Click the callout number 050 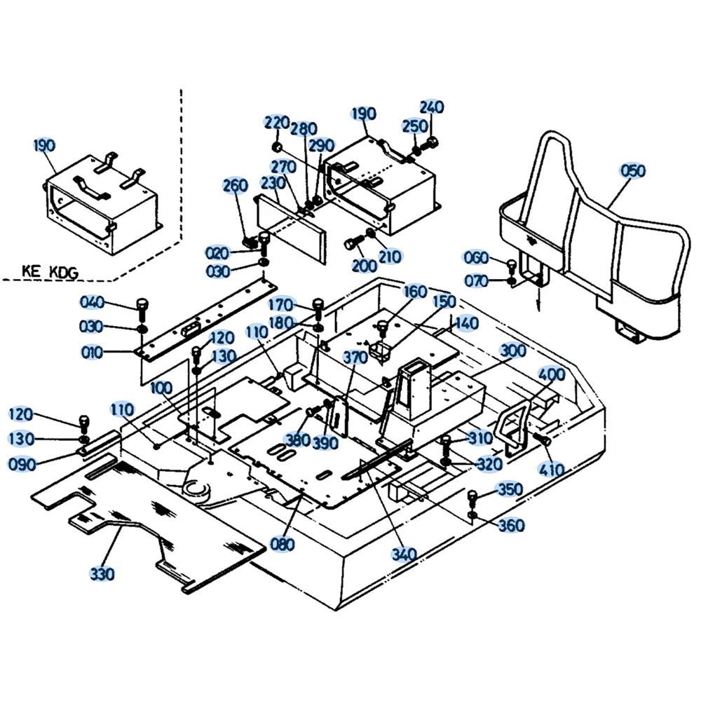(x=633, y=171)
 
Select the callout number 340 (x=404, y=555)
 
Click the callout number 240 (x=432, y=107)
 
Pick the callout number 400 (x=552, y=374)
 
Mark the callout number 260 (x=236, y=186)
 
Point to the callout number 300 (x=514, y=350)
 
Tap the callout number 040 (x=92, y=302)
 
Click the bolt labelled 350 (x=473, y=498)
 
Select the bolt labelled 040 (x=142, y=306)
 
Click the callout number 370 (x=355, y=358)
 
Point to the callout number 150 (x=444, y=301)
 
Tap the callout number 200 (x=365, y=266)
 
